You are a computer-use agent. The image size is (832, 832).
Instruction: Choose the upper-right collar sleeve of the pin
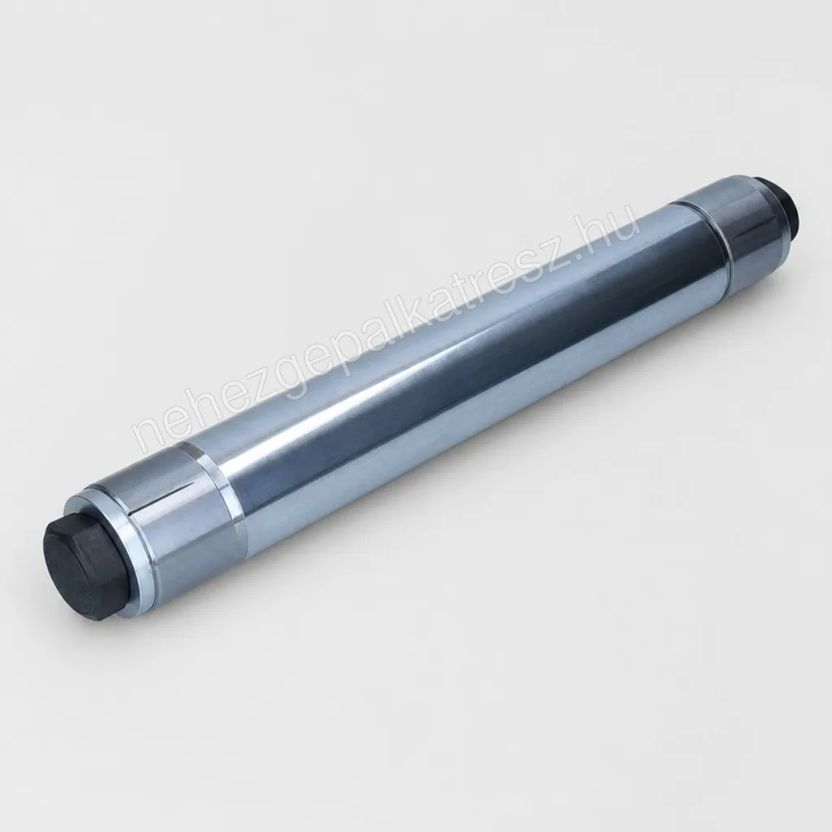[738, 223]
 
